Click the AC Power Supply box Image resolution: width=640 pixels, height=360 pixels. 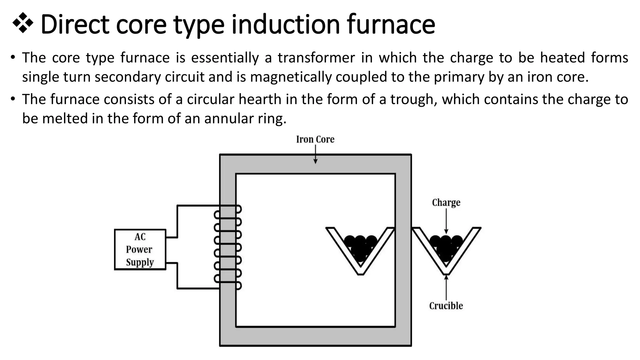pos(140,249)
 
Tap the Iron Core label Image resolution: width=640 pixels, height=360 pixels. pos(315,139)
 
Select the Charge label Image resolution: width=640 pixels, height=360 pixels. pos(446,203)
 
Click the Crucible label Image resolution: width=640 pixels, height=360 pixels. pos(446,306)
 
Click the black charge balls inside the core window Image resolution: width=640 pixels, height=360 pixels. pos(360,247)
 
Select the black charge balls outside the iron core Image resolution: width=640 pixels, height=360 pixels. pos(446,247)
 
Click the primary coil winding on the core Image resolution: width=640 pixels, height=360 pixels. pos(228,247)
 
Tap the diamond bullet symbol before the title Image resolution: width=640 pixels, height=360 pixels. pos(23,23)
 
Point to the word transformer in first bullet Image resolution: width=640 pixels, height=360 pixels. pos(316,58)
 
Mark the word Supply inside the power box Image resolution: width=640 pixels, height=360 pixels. pos(140,262)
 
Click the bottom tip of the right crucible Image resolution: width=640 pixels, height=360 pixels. pos(446,273)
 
